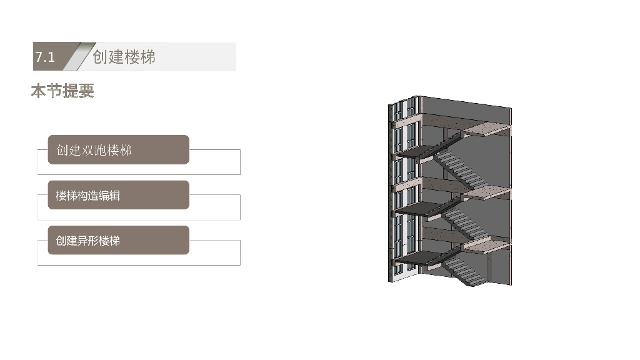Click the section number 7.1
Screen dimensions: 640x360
pos(45,57)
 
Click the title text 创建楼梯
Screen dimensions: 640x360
pos(124,57)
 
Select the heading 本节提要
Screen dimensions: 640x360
pos(62,91)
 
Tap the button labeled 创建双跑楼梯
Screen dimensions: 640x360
pos(118,150)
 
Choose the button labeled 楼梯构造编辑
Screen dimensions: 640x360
pos(118,195)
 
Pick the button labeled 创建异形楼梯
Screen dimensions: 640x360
pos(118,241)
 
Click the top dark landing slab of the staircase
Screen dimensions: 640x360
pos(417,151)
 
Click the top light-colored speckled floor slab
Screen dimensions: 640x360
pos(486,129)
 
